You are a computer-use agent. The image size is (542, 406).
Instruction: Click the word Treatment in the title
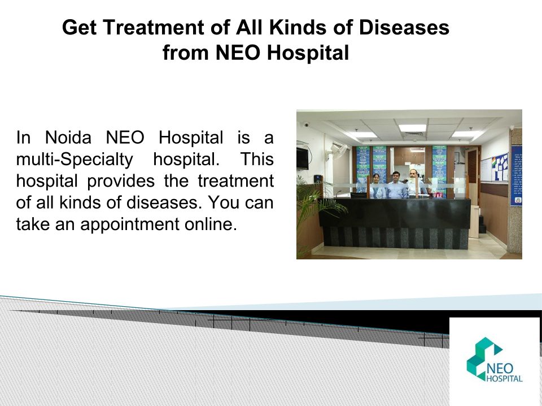pos(154,27)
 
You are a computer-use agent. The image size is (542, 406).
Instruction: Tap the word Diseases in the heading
pos(404,27)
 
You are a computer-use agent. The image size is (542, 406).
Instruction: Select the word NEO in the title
pos(238,52)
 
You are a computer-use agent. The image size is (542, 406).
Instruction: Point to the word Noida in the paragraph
pos(68,138)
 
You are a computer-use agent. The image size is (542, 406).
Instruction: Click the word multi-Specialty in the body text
pos(75,160)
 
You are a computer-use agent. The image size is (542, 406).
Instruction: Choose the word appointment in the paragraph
pos(130,224)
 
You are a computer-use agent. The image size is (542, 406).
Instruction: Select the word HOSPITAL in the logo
pos(504,379)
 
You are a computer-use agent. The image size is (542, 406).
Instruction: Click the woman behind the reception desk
pos(376,187)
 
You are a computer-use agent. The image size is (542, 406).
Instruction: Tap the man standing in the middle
pos(396,185)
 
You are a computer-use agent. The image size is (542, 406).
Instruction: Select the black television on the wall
pos(302,158)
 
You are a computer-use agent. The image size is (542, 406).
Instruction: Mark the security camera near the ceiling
pos(306,124)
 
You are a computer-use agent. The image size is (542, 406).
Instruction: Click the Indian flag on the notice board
pos(494,162)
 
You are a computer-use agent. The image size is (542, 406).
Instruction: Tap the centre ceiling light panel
pos(412,128)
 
